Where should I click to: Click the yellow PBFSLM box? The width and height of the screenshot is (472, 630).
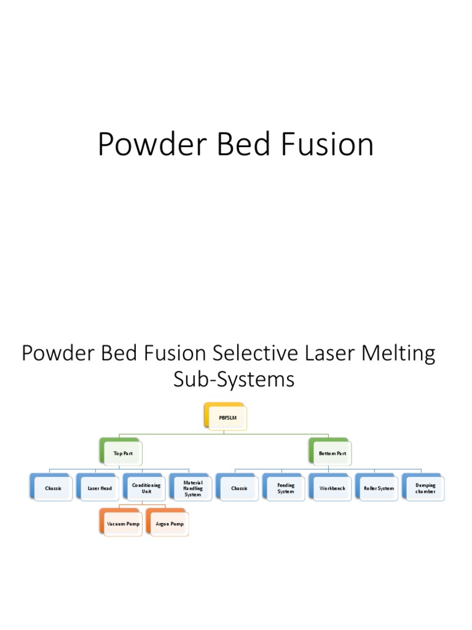[226, 417]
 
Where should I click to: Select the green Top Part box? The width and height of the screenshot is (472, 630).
[122, 453]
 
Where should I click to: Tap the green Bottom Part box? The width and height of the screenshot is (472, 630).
[331, 453]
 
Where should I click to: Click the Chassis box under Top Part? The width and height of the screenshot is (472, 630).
[52, 488]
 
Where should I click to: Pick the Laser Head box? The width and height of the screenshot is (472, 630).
[99, 488]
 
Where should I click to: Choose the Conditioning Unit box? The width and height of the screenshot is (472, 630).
[146, 488]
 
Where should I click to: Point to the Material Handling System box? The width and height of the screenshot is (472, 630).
[192, 488]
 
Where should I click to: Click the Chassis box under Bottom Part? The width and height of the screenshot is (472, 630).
[238, 488]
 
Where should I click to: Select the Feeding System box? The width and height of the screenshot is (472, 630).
[285, 488]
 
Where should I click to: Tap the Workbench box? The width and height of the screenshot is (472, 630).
[332, 488]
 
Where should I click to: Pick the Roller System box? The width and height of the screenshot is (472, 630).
[378, 488]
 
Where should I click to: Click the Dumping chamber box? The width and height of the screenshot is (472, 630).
[425, 488]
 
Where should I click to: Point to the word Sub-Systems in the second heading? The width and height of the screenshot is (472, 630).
[234, 380]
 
